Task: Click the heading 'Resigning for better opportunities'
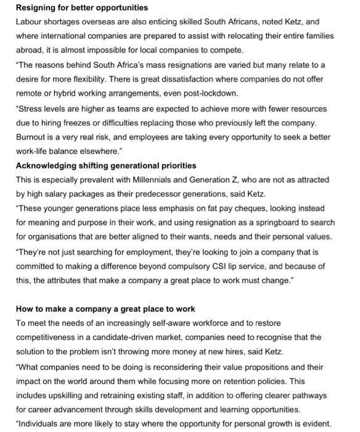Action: coord(73,7)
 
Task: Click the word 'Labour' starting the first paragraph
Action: coord(30,22)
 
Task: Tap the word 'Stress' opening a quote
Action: coord(31,108)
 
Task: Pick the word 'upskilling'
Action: coord(69,394)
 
